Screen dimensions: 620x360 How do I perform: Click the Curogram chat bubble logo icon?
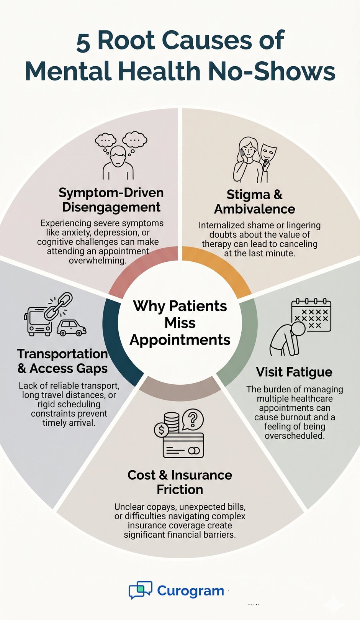140,590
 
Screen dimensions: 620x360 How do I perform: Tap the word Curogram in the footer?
190,590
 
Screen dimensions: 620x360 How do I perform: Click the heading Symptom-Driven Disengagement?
111,200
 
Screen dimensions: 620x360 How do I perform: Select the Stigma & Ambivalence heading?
255,202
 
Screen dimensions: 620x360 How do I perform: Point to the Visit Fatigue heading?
294,372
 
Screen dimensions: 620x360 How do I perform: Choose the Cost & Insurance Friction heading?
180,482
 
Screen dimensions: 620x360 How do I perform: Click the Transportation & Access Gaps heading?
62,361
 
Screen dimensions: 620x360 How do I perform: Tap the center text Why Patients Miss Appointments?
180,323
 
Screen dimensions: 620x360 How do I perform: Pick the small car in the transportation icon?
72,328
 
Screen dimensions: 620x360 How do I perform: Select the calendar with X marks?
311,315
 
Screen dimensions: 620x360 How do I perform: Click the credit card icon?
183,445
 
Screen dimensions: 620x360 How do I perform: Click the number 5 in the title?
83,42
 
